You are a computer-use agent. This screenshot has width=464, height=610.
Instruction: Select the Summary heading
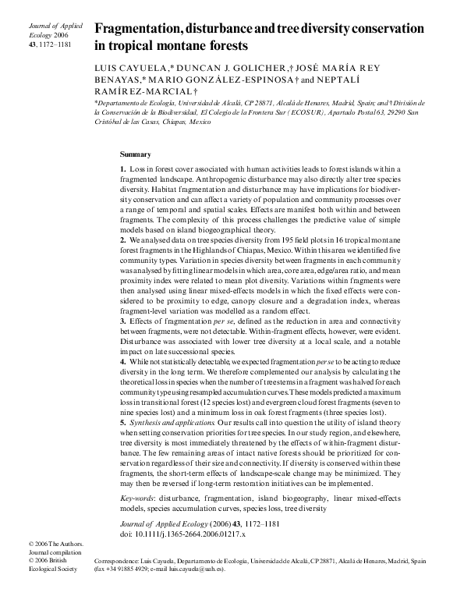136,154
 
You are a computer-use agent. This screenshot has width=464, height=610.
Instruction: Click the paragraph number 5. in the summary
123,422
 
